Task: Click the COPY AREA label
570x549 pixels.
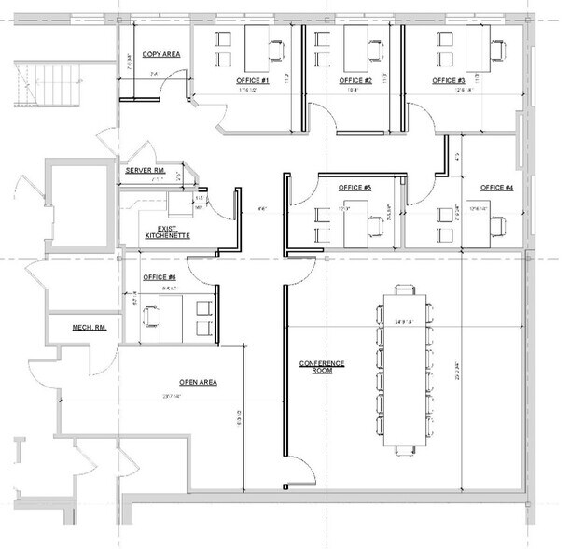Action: pos(160,55)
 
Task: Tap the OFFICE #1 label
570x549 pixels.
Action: pos(253,81)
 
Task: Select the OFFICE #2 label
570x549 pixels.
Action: pos(356,81)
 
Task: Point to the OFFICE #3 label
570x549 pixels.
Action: pos(449,81)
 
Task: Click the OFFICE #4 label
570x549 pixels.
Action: pos(496,188)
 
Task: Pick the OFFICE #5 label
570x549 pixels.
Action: pos(355,188)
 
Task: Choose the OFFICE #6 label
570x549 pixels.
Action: pos(160,277)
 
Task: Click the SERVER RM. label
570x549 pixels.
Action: pos(146,171)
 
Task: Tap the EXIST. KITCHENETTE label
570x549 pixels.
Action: pos(167,232)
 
